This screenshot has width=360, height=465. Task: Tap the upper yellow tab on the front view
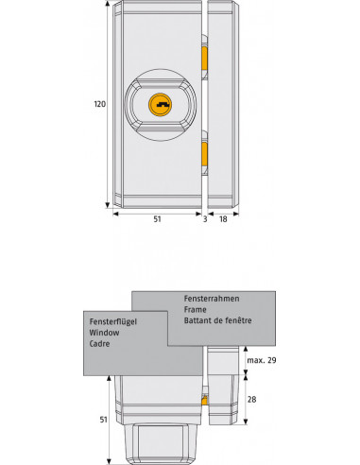click(x=204, y=59)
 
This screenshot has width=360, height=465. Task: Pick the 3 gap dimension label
click(x=204, y=218)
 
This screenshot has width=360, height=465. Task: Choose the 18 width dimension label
click(x=222, y=218)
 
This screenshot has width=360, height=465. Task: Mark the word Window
click(x=103, y=334)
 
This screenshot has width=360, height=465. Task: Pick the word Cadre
click(x=100, y=346)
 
